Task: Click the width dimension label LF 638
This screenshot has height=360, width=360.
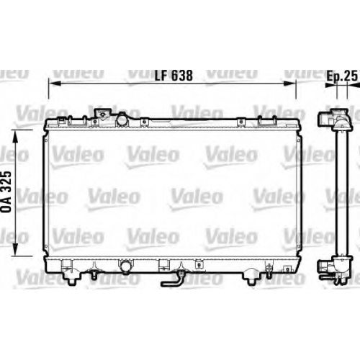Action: point(174,76)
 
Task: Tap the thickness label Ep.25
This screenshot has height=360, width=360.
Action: point(342,76)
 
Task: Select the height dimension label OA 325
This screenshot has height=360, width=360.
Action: point(6,192)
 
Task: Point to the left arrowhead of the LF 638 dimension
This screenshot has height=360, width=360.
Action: point(55,84)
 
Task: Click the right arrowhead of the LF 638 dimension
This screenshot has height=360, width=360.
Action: point(290,84)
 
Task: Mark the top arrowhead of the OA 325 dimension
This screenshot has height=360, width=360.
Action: point(15,135)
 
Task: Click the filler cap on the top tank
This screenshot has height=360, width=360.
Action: point(103,113)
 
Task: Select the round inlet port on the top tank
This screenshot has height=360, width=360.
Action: point(122,120)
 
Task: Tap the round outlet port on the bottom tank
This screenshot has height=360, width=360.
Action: point(125,266)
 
